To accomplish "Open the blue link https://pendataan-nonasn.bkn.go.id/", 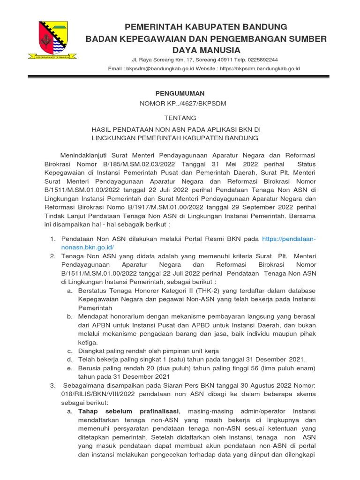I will click(x=289, y=239).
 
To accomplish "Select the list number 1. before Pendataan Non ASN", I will click(x=52, y=239).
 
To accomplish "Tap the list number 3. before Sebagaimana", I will click(x=52, y=385).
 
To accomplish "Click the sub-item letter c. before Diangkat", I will click(x=69, y=351).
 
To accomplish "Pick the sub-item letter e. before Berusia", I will click(x=69, y=368).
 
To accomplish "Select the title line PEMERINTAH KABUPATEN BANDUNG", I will click(x=205, y=26).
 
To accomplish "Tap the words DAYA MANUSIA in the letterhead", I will click(x=206, y=50).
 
